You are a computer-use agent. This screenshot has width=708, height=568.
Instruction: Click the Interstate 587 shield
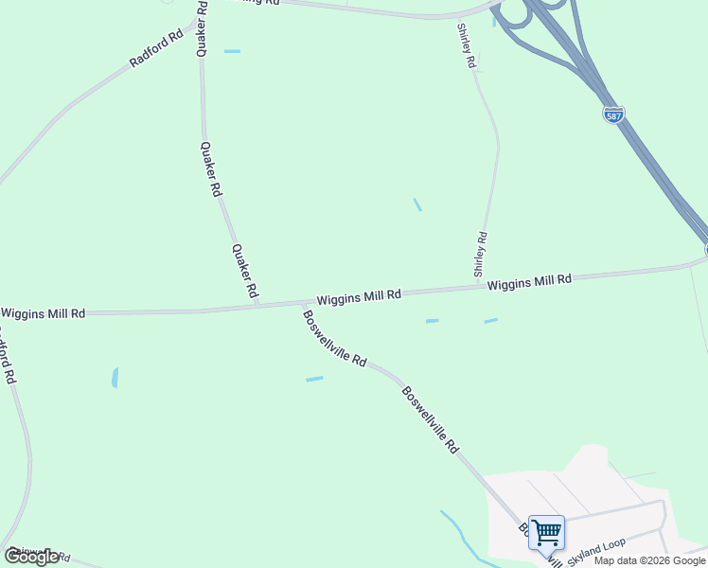[x=613, y=115]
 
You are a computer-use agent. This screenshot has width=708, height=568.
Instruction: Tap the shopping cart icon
[x=546, y=533]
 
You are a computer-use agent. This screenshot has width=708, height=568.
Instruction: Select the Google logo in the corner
[x=30, y=558]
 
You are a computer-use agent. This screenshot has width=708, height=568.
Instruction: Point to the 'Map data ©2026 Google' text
[x=650, y=560]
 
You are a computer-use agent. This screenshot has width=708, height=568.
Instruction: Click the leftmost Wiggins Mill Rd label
[x=44, y=313]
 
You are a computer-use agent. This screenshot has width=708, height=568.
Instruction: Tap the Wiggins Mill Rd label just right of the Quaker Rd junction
[x=359, y=297]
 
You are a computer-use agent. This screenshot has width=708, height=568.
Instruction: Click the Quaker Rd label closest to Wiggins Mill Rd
[x=245, y=271]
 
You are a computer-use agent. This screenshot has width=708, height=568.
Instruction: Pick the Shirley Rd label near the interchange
[x=465, y=46]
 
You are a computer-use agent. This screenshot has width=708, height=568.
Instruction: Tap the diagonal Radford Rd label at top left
[x=156, y=49]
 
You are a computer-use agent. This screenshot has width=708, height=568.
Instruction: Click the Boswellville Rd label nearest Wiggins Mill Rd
[x=334, y=337]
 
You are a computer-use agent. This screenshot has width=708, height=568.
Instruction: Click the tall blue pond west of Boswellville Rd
[x=115, y=378]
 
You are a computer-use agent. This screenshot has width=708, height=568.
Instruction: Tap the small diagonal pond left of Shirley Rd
[x=417, y=204]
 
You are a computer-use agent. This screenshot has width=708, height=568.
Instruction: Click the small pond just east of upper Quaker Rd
[x=232, y=51]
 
